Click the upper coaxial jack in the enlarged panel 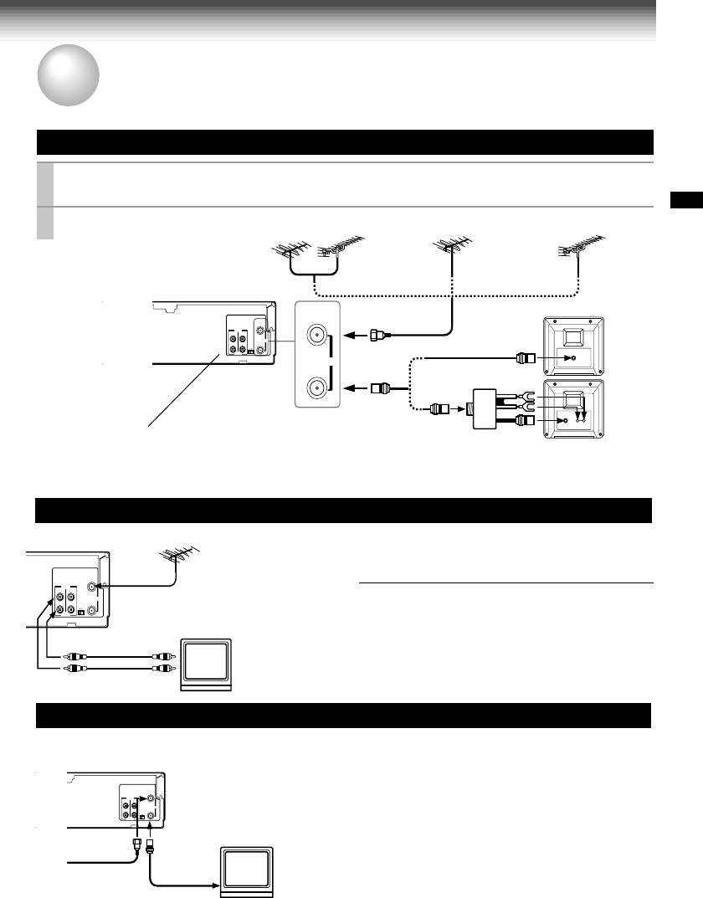pyautogui.click(x=317, y=336)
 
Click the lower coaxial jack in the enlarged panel pyautogui.click(x=317, y=387)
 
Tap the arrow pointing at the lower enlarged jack pyautogui.click(x=358, y=388)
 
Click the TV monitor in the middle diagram pyautogui.click(x=205, y=663)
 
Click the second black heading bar pyautogui.click(x=343, y=510)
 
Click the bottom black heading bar pyautogui.click(x=343, y=716)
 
